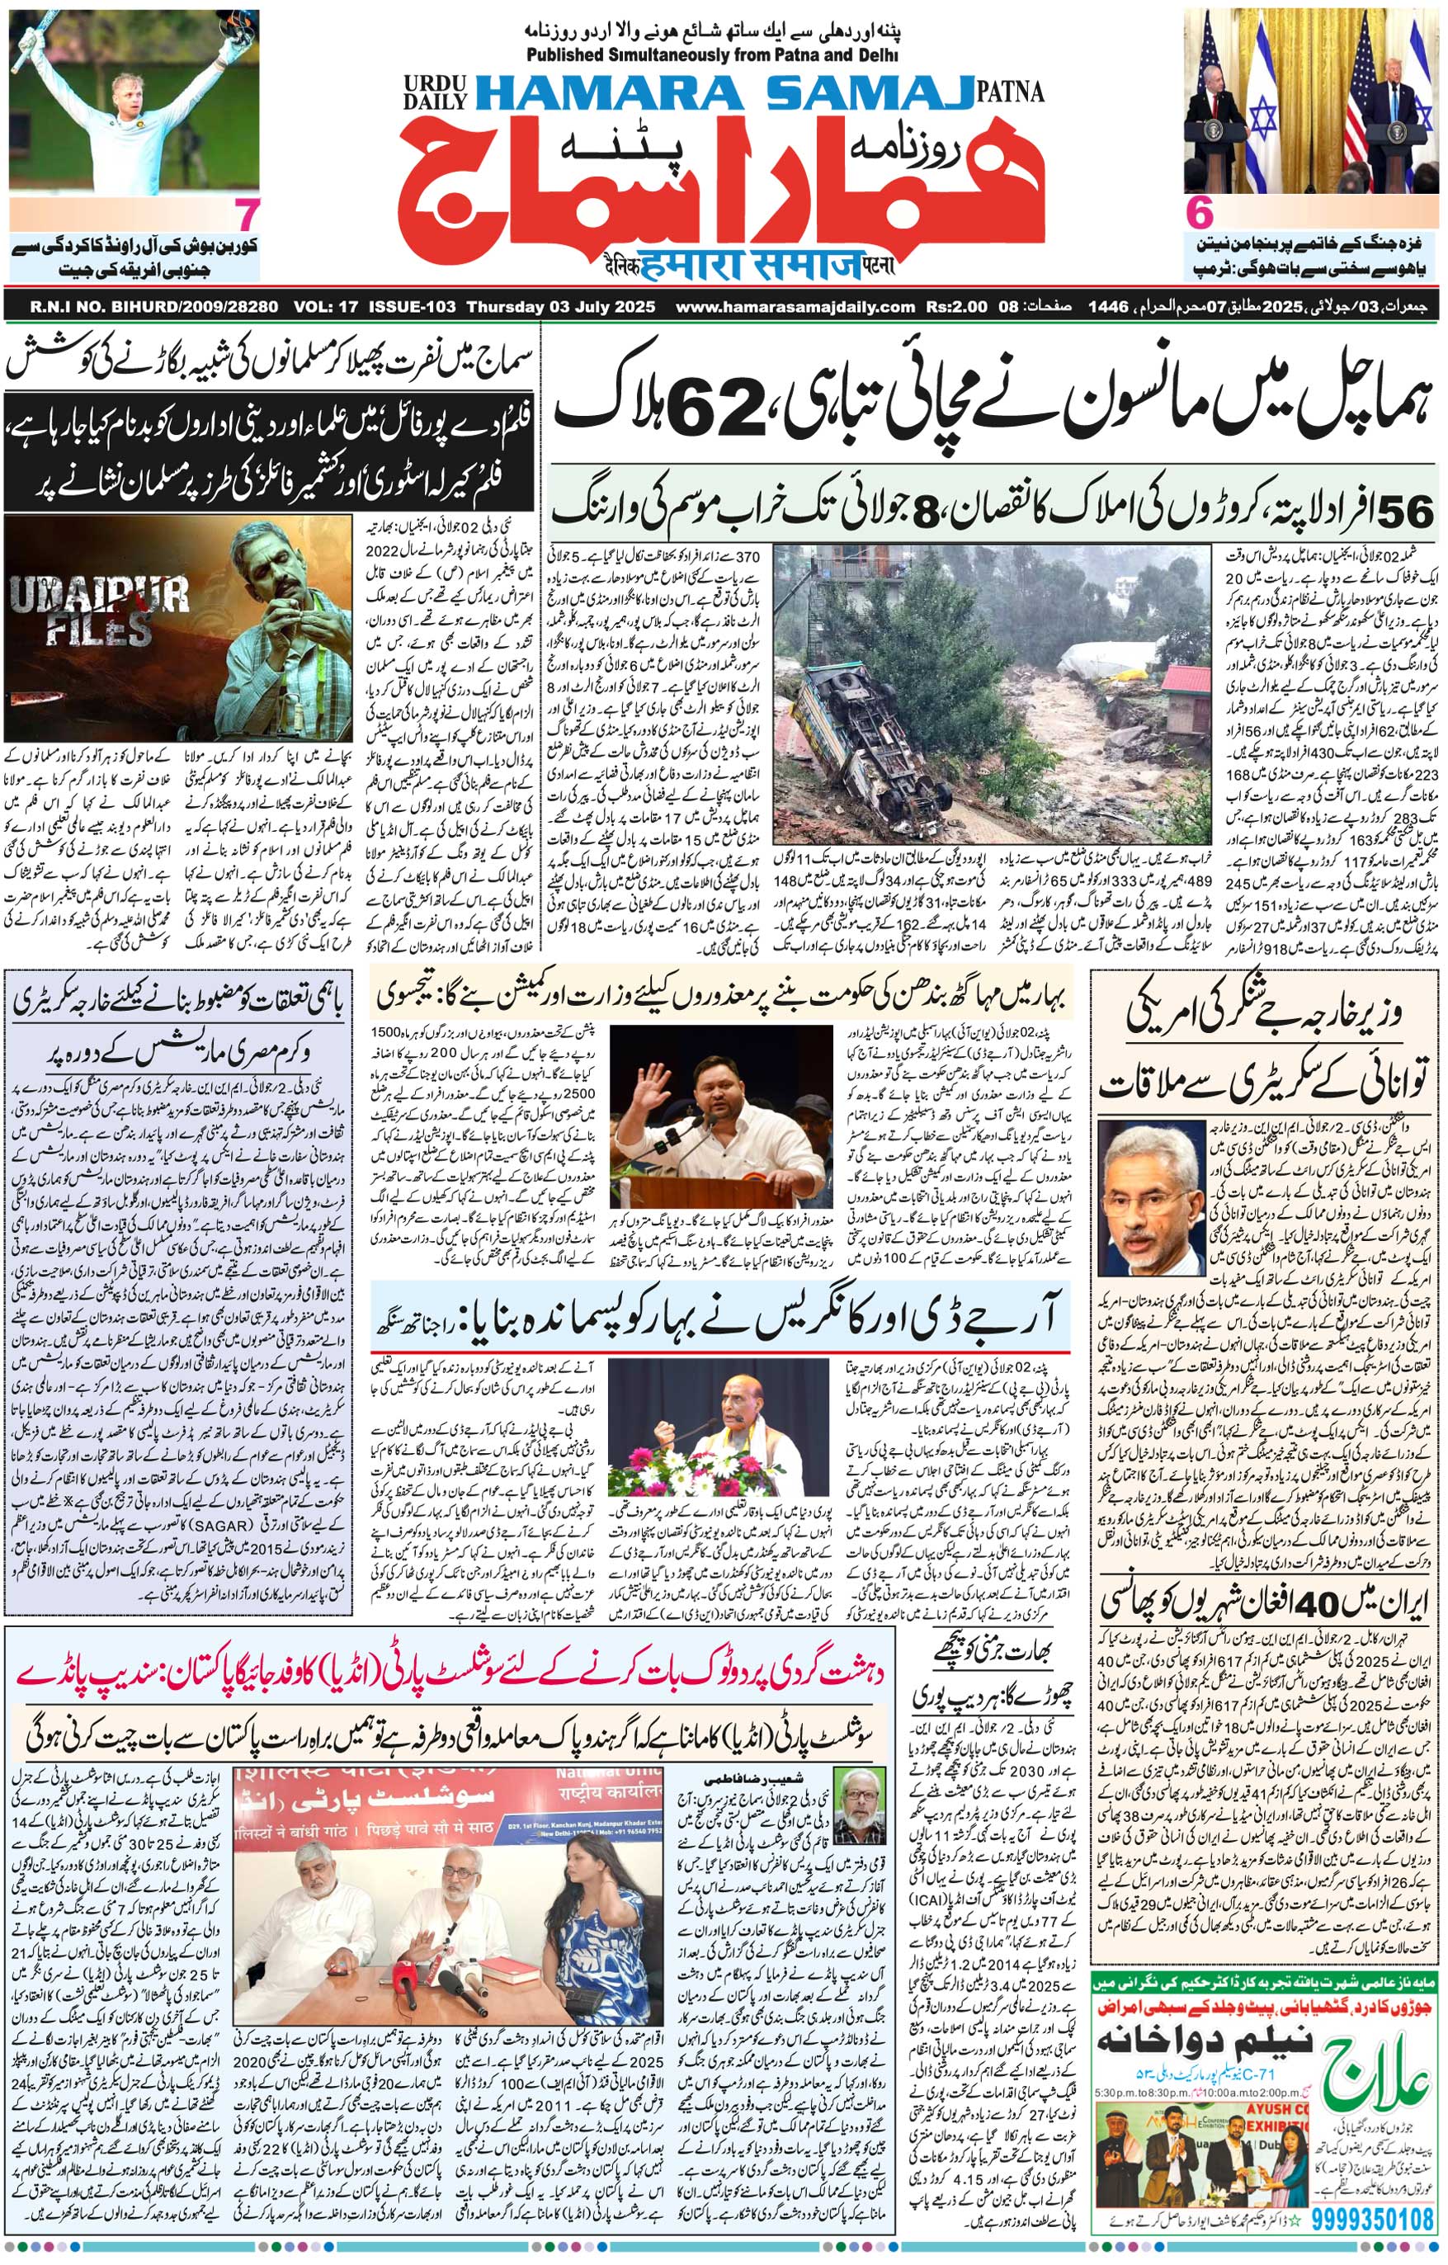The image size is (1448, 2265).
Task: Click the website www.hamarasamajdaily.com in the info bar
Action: coord(795,307)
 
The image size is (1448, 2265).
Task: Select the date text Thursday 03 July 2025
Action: coord(560,307)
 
